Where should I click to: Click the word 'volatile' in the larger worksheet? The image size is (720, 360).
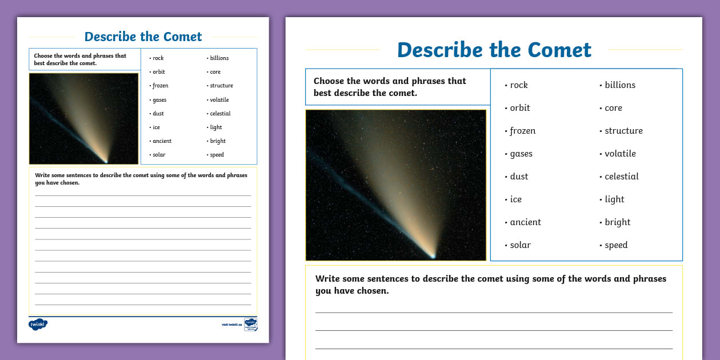pyautogui.click(x=620, y=154)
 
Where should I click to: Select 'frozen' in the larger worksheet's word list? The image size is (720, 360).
pyautogui.click(x=522, y=131)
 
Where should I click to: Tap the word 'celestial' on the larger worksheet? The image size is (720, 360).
pyautogui.click(x=622, y=177)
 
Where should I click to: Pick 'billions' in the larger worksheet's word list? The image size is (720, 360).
pyautogui.click(x=620, y=85)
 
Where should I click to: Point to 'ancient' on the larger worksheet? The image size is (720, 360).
pyautogui.click(x=525, y=222)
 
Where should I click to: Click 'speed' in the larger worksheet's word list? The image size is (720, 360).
pyautogui.click(x=616, y=245)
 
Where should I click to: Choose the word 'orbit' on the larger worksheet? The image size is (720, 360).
pyautogui.click(x=520, y=108)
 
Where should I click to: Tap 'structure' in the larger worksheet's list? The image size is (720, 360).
pyautogui.click(x=623, y=131)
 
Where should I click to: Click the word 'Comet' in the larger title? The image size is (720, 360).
pyautogui.click(x=560, y=50)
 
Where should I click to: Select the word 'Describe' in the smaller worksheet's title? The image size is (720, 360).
pyautogui.click(x=111, y=37)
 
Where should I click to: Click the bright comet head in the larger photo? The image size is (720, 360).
pyautogui.click(x=433, y=255)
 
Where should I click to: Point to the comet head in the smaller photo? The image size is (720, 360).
pyautogui.click(x=106, y=161)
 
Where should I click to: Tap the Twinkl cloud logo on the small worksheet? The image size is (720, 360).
pyautogui.click(x=38, y=324)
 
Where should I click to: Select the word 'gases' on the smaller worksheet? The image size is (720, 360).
pyautogui.click(x=159, y=100)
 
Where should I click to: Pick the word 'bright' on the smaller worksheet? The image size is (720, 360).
pyautogui.click(x=218, y=141)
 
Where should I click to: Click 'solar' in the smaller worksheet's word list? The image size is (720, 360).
pyautogui.click(x=158, y=155)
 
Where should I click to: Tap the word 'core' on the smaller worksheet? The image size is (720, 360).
pyautogui.click(x=215, y=72)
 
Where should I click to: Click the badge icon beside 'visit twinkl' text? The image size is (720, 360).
pyautogui.click(x=250, y=324)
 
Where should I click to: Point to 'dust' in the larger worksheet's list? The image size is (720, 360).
pyautogui.click(x=519, y=177)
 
